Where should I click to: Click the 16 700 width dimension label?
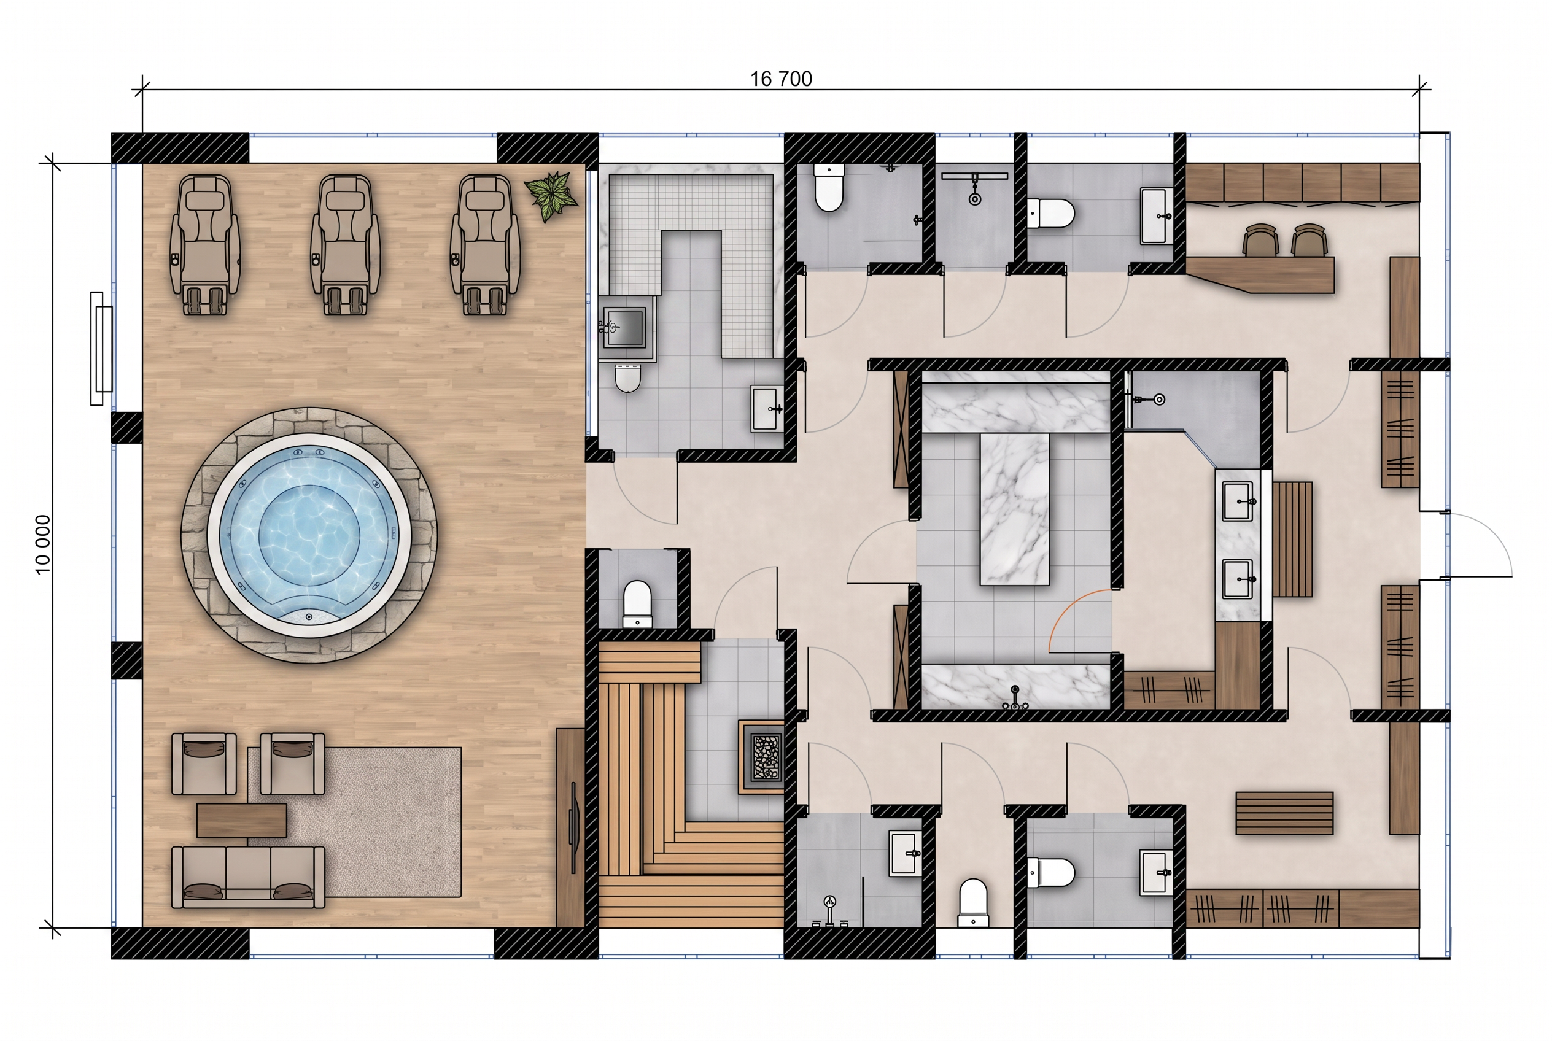pos(781,79)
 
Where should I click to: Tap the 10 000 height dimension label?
pos(42,544)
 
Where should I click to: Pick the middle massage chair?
pos(344,244)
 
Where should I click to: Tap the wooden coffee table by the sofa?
pos(242,821)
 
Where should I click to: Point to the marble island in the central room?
pos(1015,509)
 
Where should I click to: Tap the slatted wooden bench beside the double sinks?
pos(1292,539)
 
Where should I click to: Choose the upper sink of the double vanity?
pos(1238,502)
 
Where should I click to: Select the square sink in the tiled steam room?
pos(624,327)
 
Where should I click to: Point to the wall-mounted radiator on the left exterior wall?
pos(102,349)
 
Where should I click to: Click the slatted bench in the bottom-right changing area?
pos(1284,813)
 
